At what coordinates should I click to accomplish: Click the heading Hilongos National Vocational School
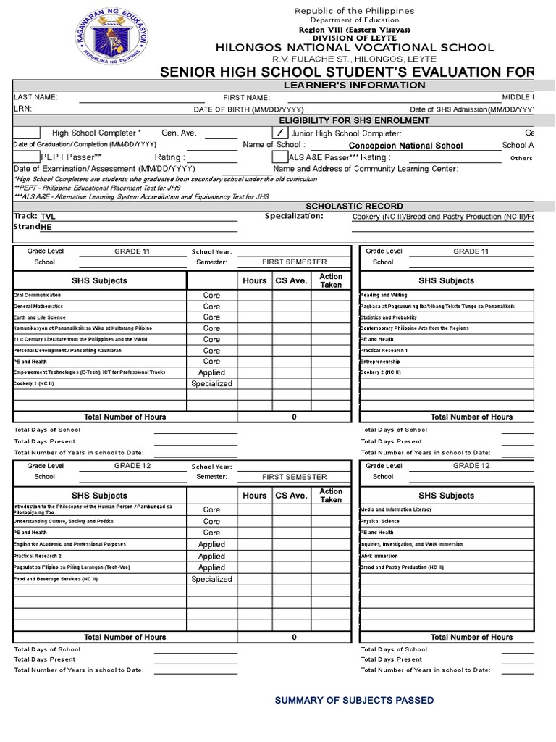(x=355, y=47)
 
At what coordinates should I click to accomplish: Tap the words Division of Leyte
(x=355, y=38)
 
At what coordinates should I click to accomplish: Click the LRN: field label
(x=22, y=108)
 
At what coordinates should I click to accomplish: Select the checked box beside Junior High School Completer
(x=279, y=133)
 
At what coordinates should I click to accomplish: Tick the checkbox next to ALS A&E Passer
(x=279, y=157)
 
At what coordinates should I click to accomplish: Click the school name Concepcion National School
(x=405, y=146)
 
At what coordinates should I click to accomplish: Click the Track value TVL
(x=48, y=217)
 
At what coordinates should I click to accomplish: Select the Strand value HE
(x=46, y=228)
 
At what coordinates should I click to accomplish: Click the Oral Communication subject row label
(x=38, y=296)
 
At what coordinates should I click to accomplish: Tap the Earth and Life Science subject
(x=40, y=317)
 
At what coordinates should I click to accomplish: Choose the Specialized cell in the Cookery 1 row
(x=211, y=384)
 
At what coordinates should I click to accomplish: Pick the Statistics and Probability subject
(x=388, y=317)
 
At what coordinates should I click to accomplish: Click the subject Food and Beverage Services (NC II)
(x=55, y=580)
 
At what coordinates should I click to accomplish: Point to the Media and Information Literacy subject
(x=395, y=510)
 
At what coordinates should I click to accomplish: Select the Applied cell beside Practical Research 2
(x=211, y=556)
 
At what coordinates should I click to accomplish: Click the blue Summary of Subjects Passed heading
(x=354, y=701)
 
